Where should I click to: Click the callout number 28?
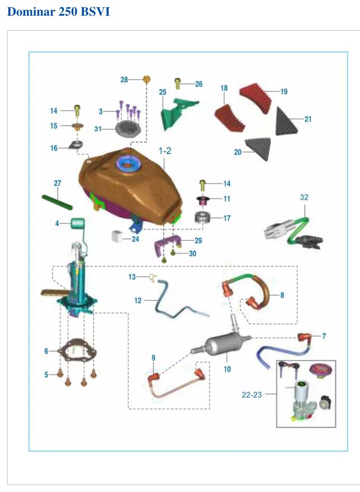pyautogui.click(x=124, y=79)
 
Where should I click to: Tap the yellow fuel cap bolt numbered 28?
pyautogui.click(x=147, y=79)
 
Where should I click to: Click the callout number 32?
pyautogui.click(x=304, y=197)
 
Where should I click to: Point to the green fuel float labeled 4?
pyautogui.click(x=78, y=223)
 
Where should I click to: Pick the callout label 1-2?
pyautogui.click(x=165, y=151)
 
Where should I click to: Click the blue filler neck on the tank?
pyautogui.click(x=129, y=165)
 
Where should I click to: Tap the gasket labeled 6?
pyautogui.click(x=77, y=351)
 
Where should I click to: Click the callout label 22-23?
pyautogui.click(x=251, y=395)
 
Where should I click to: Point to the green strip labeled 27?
pyautogui.click(x=57, y=203)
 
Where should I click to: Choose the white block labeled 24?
pyautogui.click(x=117, y=236)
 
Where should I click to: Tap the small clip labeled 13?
pyautogui.click(x=153, y=278)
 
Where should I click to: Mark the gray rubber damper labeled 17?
pyautogui.click(x=202, y=217)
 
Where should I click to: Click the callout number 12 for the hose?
pyautogui.click(x=138, y=301)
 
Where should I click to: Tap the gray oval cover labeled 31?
pyautogui.click(x=128, y=129)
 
